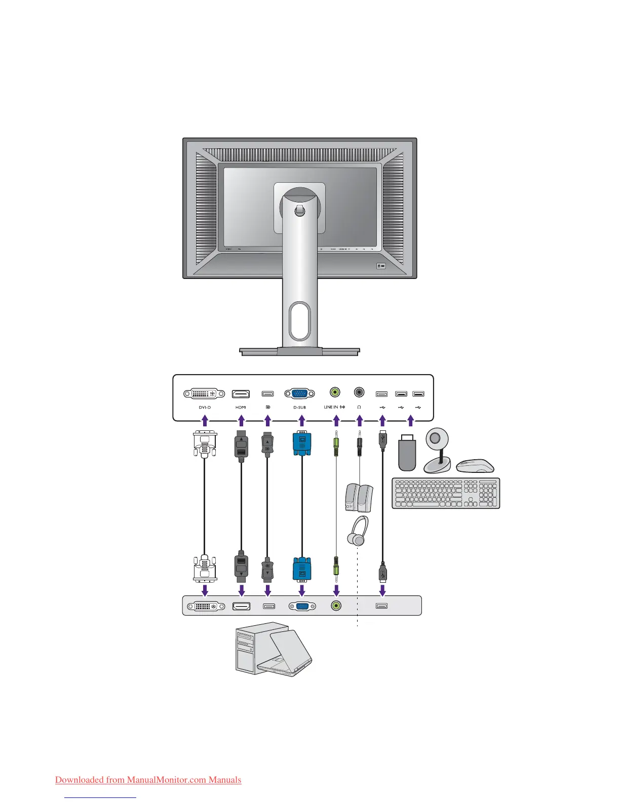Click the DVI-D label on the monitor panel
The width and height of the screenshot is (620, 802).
click(205, 407)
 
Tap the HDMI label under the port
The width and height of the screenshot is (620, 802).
click(241, 407)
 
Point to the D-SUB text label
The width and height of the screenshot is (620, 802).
click(299, 407)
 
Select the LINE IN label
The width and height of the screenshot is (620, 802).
click(331, 407)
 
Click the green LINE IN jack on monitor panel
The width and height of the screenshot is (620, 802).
click(335, 392)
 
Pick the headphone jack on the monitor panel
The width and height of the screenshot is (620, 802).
click(359, 392)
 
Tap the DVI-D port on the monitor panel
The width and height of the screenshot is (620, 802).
click(205, 394)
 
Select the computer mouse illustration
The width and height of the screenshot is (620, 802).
click(475, 466)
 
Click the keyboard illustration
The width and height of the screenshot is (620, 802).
click(446, 493)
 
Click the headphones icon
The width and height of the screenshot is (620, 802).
click(358, 531)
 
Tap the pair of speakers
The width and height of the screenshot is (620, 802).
click(359, 497)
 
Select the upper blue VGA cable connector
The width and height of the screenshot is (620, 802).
click(302, 444)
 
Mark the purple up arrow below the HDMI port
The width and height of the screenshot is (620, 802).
click(242, 420)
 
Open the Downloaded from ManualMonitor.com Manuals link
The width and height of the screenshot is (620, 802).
click(148, 780)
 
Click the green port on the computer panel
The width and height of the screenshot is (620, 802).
click(336, 606)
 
